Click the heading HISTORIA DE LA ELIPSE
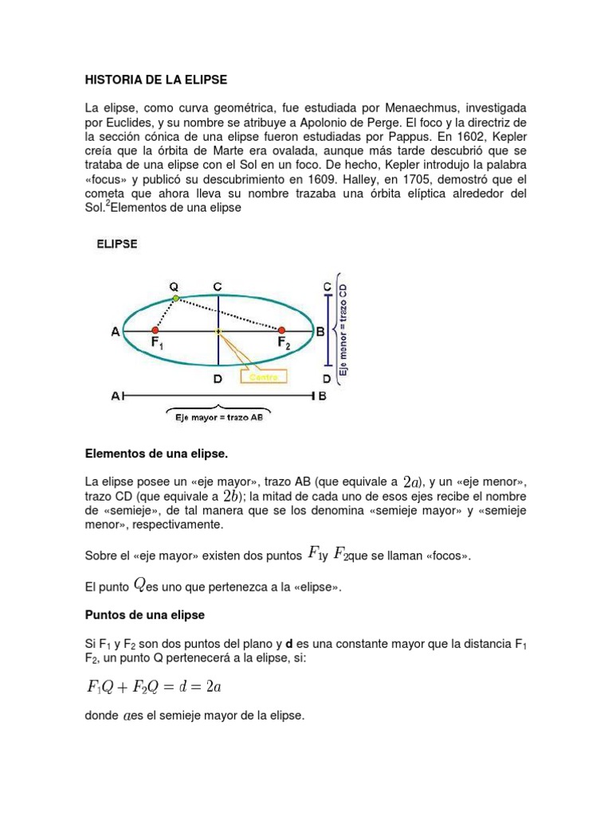click(155, 80)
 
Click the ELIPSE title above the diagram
click(117, 245)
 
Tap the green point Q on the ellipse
click(176, 298)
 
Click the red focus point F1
click(155, 330)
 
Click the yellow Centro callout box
click(264, 377)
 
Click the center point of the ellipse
click(218, 330)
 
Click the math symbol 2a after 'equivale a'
click(412, 482)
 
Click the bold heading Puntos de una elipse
click(145, 616)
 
